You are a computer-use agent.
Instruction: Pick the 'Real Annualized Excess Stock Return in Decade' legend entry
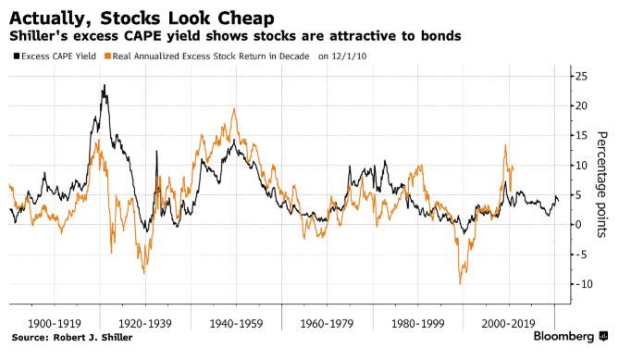point(209,56)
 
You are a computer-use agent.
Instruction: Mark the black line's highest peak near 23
point(104,86)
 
